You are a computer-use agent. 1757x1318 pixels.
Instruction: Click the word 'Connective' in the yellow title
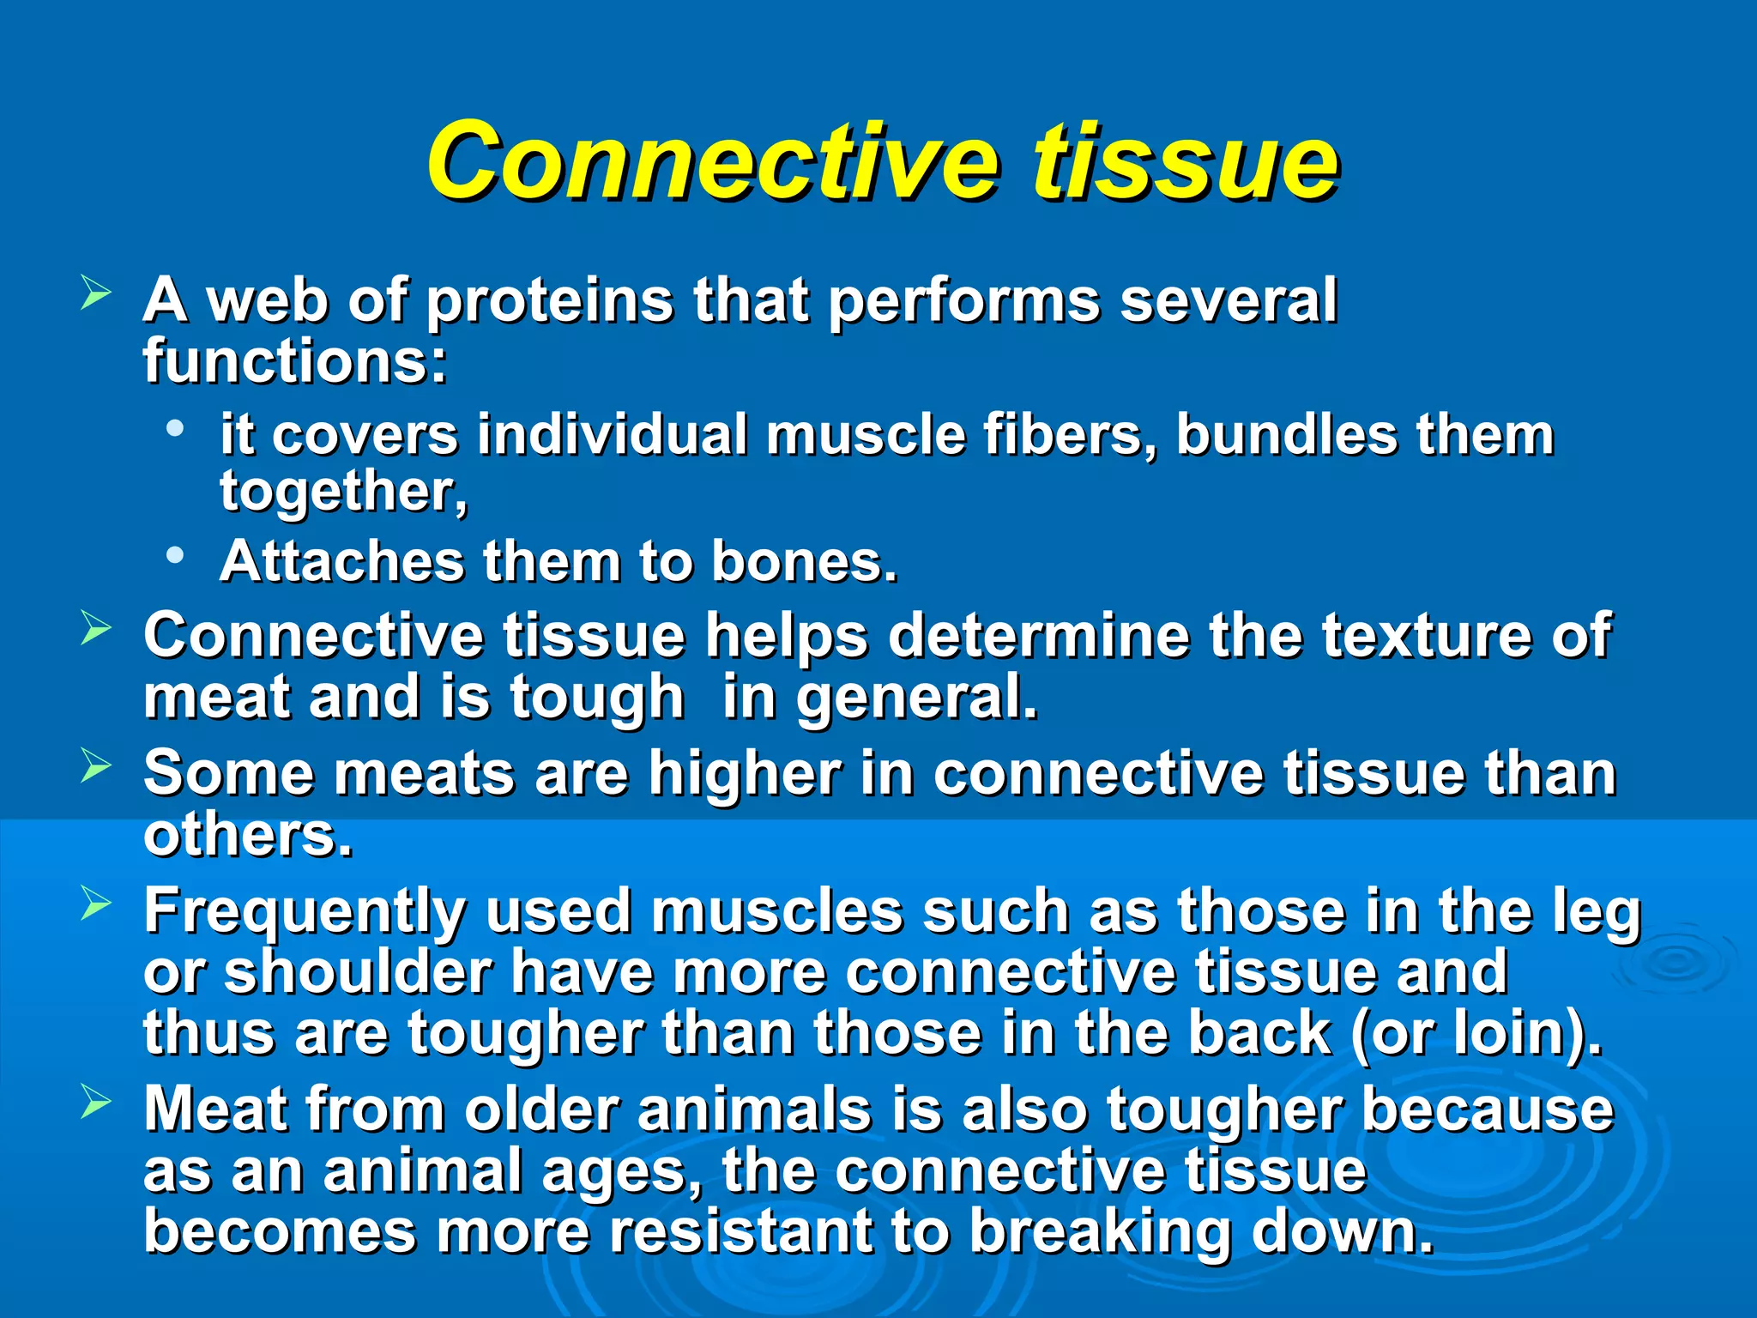point(712,161)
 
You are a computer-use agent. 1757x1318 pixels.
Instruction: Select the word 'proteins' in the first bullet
point(549,302)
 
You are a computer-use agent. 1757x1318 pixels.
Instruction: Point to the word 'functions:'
point(295,362)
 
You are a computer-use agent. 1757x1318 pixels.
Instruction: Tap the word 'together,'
point(344,493)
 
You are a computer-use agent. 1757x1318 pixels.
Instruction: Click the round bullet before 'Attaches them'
point(176,556)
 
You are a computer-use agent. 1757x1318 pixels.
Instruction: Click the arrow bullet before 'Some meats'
point(95,765)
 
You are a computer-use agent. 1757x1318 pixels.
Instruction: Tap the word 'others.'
point(248,835)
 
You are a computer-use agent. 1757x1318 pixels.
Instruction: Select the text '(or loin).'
point(1476,1034)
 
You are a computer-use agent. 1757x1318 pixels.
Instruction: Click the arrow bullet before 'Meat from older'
point(95,1101)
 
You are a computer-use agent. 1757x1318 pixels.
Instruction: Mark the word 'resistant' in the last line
point(740,1232)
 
